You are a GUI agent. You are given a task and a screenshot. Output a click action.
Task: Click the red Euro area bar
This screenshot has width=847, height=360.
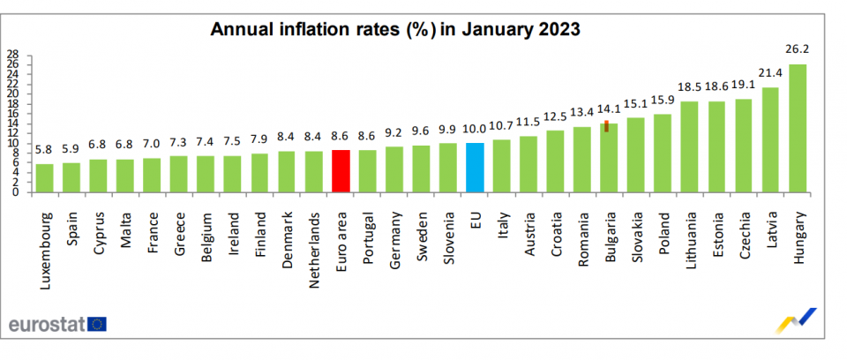pos(341,171)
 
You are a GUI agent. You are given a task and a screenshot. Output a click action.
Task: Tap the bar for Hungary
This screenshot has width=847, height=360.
pos(797,128)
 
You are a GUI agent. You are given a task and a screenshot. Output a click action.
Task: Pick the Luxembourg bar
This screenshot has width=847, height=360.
pos(45,178)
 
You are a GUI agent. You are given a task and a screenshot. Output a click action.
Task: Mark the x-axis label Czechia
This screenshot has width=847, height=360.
pos(745,234)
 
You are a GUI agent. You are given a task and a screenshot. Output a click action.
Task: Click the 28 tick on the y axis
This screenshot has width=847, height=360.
pos(13,55)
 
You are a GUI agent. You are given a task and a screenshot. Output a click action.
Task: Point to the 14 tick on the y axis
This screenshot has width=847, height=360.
pos(13,124)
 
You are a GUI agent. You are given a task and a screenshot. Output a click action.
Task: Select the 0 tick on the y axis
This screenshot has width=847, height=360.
pos(16,192)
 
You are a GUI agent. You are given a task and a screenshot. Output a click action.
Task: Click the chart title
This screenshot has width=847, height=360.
pos(394,28)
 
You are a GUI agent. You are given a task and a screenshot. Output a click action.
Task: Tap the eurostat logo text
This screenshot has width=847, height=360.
pos(46,324)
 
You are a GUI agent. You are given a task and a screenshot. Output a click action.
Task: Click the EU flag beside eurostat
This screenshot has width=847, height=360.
pos(96,324)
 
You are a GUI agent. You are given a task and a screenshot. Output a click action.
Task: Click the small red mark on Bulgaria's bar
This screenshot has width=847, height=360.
pos(607,126)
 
